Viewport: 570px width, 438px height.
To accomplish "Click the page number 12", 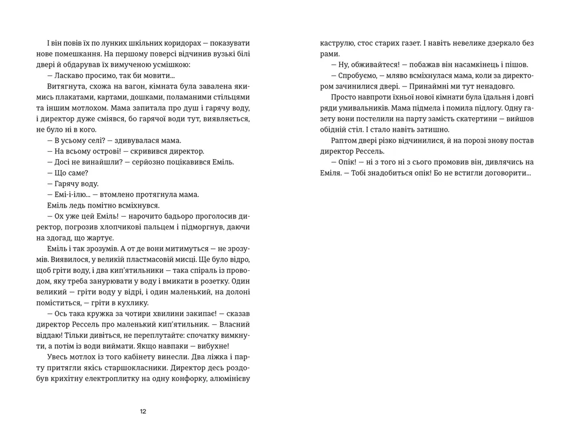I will (143, 411).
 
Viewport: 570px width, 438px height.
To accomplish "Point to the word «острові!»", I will (104, 151).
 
